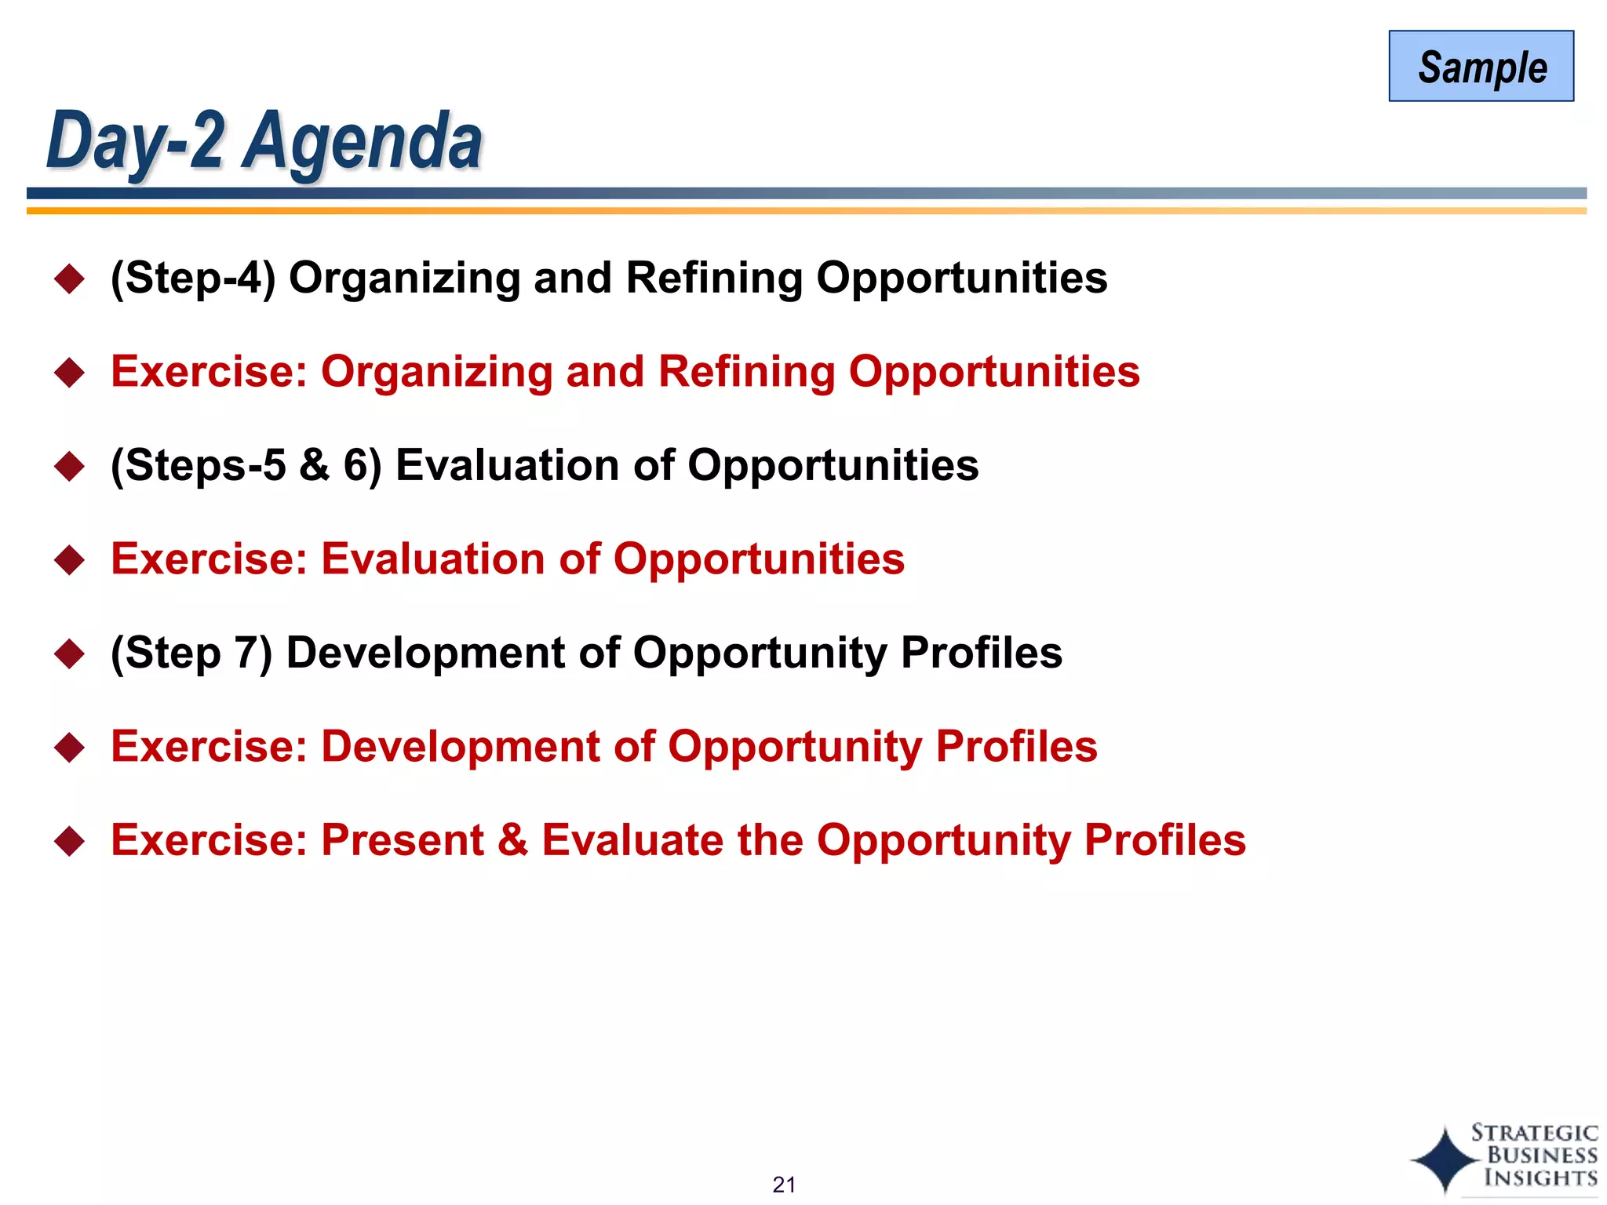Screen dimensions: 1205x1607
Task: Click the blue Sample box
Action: click(1481, 66)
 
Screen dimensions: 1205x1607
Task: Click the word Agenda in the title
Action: click(362, 141)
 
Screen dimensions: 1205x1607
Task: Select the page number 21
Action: click(784, 1184)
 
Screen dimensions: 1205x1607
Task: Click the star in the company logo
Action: click(1445, 1159)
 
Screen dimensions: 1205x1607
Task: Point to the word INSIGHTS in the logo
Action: click(1540, 1178)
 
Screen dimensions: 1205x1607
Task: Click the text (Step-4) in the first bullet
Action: click(193, 278)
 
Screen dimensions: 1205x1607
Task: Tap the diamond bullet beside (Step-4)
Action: click(70, 278)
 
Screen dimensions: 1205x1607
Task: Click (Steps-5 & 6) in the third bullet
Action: click(246, 465)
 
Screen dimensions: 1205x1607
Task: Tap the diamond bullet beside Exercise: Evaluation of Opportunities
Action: click(70, 559)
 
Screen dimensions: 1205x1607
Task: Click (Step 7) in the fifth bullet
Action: click(191, 653)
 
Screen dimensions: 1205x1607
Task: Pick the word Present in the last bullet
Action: click(403, 840)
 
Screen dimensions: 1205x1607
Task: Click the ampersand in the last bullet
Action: click(512, 840)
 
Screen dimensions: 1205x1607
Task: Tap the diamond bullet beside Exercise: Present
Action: click(70, 841)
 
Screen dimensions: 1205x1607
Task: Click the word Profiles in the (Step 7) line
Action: click(981, 653)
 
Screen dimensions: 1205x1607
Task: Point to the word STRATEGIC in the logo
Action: click(1534, 1133)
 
